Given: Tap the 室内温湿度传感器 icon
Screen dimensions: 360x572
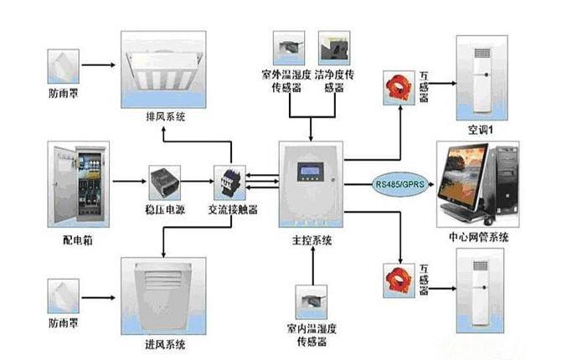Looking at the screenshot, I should [312, 302].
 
